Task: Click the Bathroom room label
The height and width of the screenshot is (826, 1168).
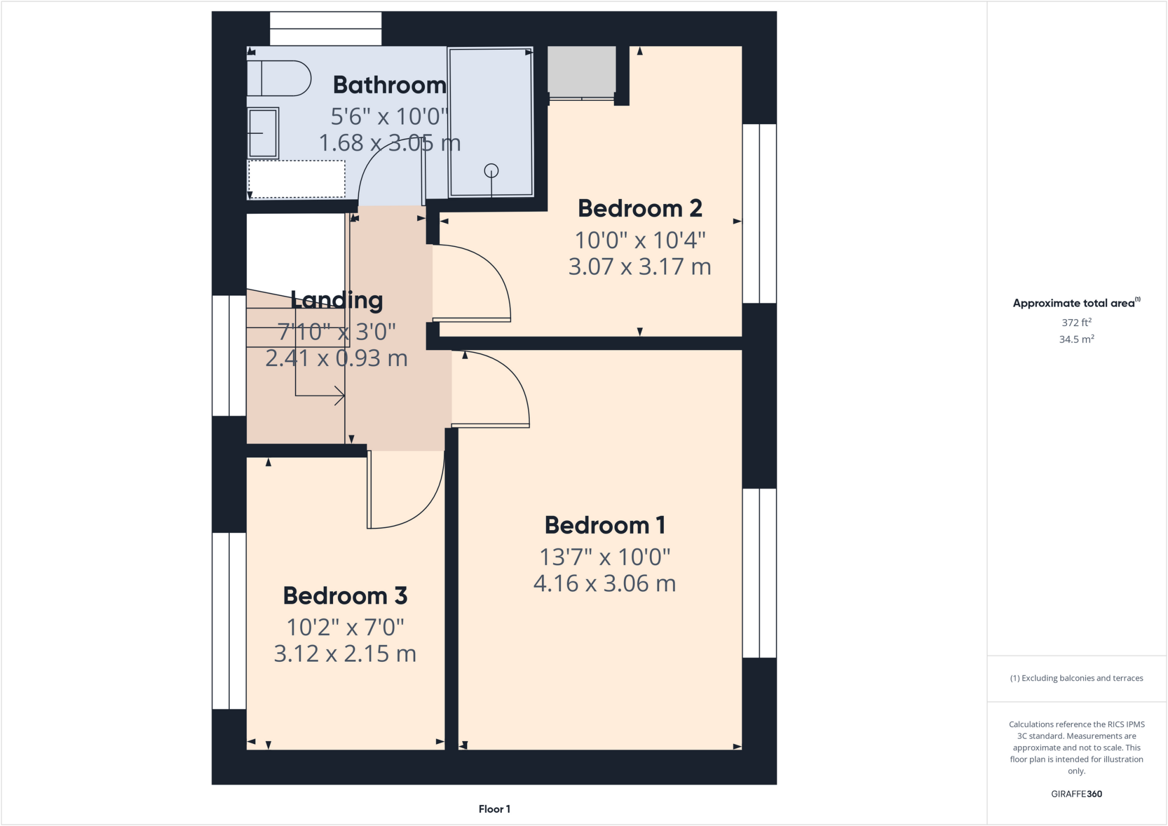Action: coord(390,85)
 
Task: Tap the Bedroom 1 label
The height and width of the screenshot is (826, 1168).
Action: coord(605,525)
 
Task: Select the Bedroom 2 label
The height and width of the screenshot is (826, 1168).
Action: coord(640,209)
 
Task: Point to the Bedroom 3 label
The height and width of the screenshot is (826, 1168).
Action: coord(345,596)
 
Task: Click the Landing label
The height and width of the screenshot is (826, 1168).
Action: coord(336,300)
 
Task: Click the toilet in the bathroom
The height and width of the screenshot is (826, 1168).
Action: coord(278,78)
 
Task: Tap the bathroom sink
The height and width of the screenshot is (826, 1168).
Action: coord(263,133)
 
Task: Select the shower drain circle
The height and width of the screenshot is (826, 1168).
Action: coord(491,170)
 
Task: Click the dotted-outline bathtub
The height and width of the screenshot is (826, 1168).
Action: coord(297,179)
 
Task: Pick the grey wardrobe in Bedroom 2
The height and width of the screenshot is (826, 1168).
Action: coord(581,71)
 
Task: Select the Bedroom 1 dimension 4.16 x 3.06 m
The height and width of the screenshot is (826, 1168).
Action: coord(605,584)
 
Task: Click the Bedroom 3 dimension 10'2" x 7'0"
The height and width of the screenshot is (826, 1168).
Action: coord(345,628)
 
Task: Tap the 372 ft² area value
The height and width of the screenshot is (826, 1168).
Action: coord(1076,323)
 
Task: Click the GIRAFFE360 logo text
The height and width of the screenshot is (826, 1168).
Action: coord(1076,794)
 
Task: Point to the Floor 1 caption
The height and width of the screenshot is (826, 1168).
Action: coord(494,809)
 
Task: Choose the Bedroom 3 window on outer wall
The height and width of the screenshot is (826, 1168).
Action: coord(229,621)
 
